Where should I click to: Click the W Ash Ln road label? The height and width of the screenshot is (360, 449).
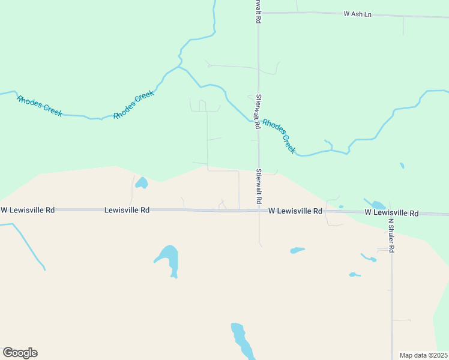click(x=357, y=13)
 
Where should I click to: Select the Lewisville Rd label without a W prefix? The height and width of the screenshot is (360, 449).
click(x=127, y=210)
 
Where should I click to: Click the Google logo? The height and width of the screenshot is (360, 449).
click(x=20, y=353)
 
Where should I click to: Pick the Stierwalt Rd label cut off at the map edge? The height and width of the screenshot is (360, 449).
click(x=258, y=11)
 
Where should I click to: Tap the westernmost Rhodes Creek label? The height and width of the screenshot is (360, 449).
click(x=40, y=106)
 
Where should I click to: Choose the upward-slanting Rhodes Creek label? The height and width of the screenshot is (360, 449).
click(x=134, y=104)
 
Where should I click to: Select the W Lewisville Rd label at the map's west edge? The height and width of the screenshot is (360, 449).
click(x=28, y=210)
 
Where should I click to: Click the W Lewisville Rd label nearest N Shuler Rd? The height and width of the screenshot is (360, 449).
click(x=391, y=213)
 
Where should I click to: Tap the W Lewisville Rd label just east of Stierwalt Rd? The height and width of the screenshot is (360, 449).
click(x=295, y=211)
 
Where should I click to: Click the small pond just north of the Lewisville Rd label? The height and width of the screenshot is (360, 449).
click(x=142, y=182)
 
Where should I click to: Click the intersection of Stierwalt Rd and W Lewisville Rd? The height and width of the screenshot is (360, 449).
click(x=259, y=210)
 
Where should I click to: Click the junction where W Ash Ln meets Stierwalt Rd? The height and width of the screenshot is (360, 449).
click(x=259, y=13)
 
